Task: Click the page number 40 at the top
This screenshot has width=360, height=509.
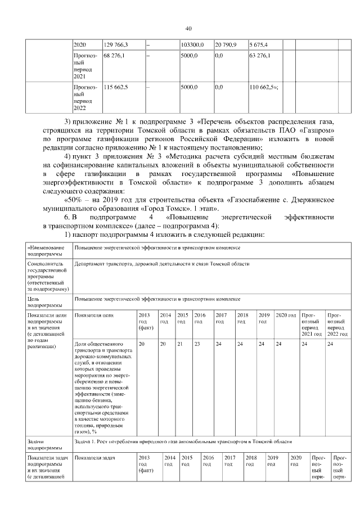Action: point(188,29)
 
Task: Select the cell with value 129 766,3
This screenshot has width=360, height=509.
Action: point(116,44)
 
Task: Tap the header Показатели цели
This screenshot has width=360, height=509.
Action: point(92,316)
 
